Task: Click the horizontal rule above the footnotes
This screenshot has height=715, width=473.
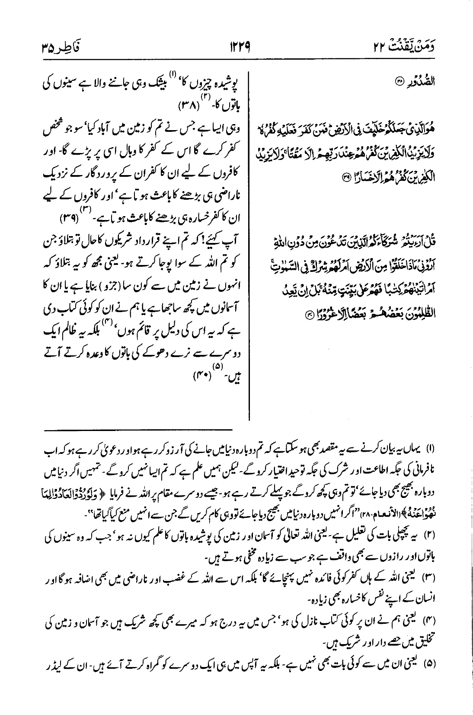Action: [x=137, y=429]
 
